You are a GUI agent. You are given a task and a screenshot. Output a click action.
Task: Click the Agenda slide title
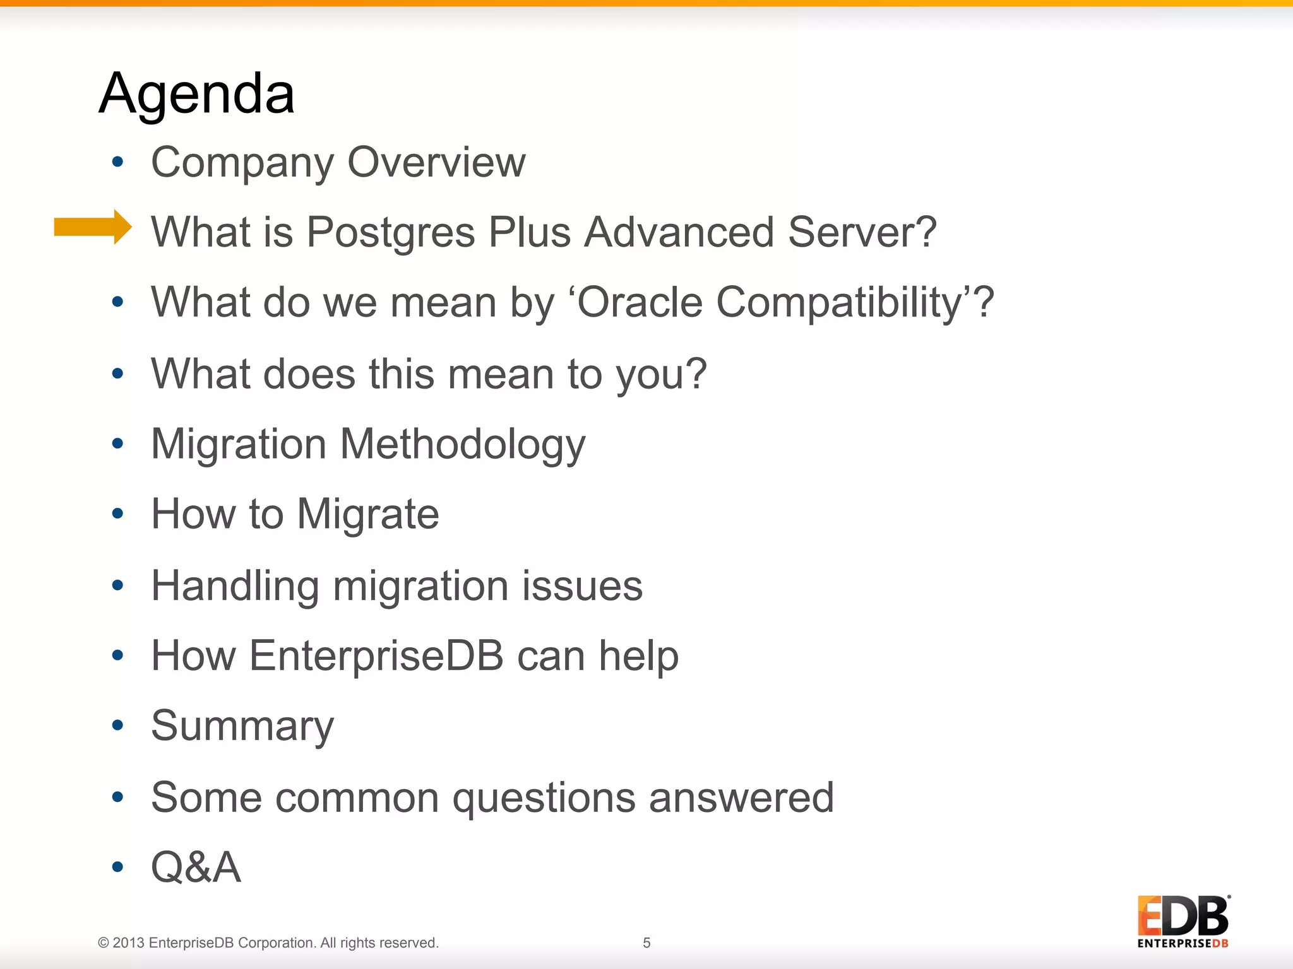click(x=196, y=93)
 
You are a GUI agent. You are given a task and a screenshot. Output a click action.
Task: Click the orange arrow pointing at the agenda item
click(x=93, y=226)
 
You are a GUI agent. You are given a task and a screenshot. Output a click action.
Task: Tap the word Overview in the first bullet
click(x=436, y=162)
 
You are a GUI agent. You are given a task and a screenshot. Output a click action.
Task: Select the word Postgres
click(x=390, y=232)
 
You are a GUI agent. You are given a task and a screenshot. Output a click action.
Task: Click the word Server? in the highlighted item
click(x=862, y=232)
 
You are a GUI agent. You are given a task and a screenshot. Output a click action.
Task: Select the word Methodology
click(x=463, y=445)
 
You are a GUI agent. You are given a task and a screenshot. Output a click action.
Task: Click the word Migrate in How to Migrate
click(x=367, y=514)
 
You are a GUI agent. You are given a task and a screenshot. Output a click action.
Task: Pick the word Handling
click(x=235, y=586)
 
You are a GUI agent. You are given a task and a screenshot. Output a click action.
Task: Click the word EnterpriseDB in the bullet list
click(x=376, y=655)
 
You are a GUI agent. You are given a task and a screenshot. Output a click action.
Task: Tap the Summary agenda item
click(x=242, y=726)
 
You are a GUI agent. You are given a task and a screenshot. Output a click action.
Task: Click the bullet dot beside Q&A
click(x=117, y=867)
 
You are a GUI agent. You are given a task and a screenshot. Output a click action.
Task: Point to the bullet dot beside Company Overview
click(x=117, y=162)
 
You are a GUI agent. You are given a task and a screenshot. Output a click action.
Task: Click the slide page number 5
click(x=646, y=943)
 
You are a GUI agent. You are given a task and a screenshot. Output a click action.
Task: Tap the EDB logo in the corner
click(x=1183, y=921)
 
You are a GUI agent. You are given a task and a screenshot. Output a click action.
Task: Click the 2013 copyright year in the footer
click(x=129, y=943)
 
